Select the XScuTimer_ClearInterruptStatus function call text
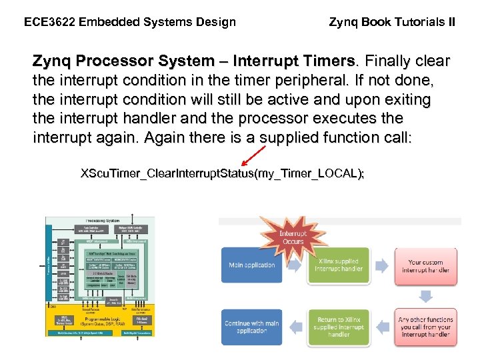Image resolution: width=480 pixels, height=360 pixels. [222, 174]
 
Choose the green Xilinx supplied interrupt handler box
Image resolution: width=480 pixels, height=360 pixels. [338, 265]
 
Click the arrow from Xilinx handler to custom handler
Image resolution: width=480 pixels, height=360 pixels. [382, 266]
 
